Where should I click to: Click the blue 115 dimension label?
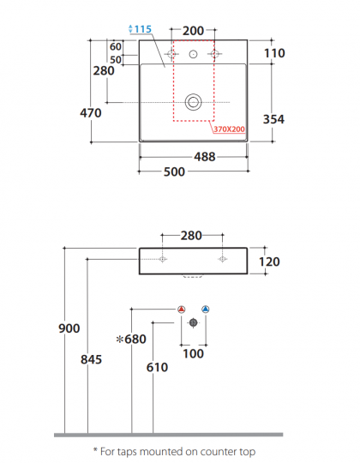pos(142,29)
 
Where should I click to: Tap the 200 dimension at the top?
pos(194,31)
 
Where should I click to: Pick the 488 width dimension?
pos(204,157)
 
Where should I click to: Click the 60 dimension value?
pos(115,46)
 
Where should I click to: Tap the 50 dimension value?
pos(115,59)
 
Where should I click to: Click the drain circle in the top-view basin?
pos(194,102)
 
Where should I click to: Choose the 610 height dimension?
pos(157,367)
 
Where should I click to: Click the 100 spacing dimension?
pos(194,354)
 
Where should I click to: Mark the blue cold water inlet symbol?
pos(205,309)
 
